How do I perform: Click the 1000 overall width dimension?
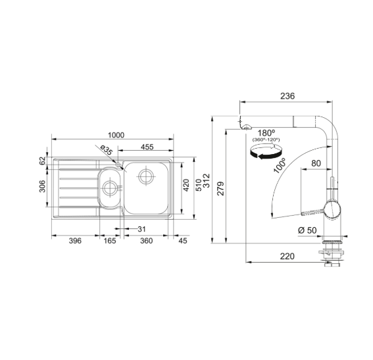tap(116, 135)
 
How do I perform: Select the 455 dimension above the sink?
tap(147, 147)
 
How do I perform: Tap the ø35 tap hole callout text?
tap(106, 150)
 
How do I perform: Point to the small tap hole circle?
tap(118, 165)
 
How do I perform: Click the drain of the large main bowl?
tap(145, 176)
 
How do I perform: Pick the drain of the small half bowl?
tap(110, 188)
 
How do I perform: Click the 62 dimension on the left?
tap(42, 161)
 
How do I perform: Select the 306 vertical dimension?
tap(42, 186)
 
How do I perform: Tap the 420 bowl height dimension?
tap(186, 185)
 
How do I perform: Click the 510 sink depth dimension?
tap(199, 185)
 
